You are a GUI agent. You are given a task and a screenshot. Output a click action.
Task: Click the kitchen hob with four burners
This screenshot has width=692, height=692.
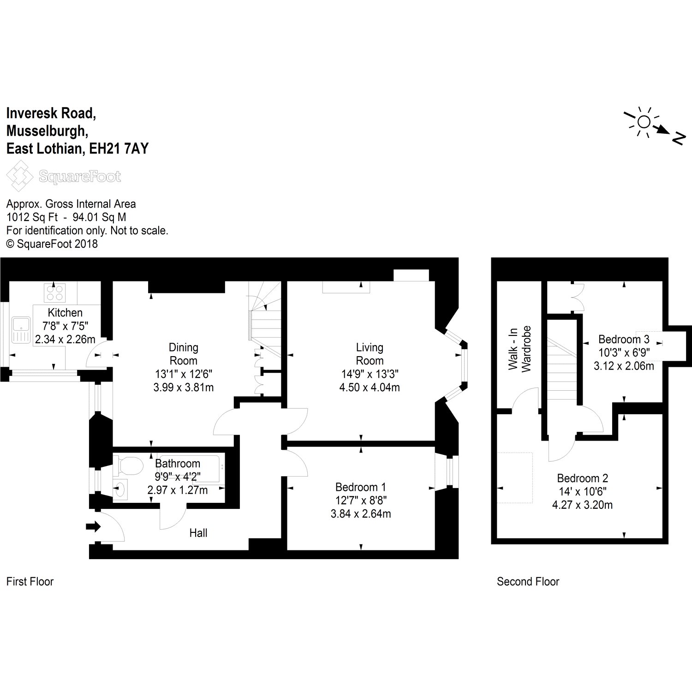(x=54, y=292)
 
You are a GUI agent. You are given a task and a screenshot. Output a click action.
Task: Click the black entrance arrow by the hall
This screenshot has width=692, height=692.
(x=93, y=527)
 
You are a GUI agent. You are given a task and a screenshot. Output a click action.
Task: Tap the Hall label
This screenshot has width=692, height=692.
(x=198, y=533)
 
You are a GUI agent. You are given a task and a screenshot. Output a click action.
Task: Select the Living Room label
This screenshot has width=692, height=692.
(x=370, y=354)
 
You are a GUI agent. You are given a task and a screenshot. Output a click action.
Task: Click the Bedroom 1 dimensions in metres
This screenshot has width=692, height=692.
(x=361, y=513)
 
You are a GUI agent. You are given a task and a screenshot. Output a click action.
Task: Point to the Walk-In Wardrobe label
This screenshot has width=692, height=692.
(x=520, y=349)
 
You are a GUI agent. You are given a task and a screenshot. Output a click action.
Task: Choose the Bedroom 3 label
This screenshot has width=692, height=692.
(x=624, y=340)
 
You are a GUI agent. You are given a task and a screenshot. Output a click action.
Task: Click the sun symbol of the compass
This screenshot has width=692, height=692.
(x=644, y=122)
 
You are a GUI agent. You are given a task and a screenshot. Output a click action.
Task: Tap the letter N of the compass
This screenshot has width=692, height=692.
(x=678, y=138)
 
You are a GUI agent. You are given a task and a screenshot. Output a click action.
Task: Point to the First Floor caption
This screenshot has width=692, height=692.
(x=30, y=582)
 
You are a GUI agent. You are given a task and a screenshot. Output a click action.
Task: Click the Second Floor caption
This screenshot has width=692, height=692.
(x=528, y=582)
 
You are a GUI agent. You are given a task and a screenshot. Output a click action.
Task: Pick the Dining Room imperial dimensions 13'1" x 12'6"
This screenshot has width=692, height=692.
(x=183, y=374)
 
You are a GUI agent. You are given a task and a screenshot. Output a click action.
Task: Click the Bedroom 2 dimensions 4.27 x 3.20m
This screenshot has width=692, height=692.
(x=582, y=505)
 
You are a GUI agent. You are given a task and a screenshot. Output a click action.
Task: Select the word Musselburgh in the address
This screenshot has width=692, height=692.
(x=47, y=131)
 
